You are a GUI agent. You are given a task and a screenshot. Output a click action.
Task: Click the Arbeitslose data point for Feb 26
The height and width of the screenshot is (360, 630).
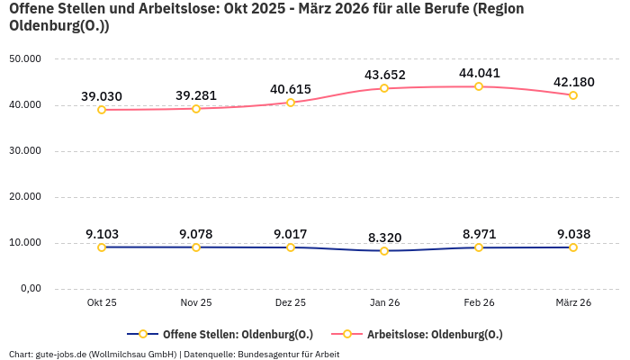tap(479, 86)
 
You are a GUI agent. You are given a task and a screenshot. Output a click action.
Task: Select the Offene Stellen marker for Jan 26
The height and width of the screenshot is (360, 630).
tap(384, 251)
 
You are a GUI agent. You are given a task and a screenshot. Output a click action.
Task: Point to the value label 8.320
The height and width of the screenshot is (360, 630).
tap(384, 238)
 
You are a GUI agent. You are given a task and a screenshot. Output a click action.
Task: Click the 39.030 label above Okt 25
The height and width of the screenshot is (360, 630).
tap(102, 96)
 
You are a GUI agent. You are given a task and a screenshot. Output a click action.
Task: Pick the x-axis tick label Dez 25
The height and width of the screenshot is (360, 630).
tap(290, 303)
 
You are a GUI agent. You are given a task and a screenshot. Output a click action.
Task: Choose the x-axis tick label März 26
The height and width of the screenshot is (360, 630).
tap(572, 303)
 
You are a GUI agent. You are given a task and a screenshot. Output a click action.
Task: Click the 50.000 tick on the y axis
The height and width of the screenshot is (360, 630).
tap(25, 58)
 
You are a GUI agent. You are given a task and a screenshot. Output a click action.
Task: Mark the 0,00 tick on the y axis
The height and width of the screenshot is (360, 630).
tap(30, 288)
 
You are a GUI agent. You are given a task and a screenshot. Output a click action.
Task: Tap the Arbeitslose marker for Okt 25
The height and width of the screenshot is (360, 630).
tap(102, 110)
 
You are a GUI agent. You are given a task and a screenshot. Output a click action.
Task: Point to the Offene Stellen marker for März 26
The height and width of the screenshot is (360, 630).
tap(572, 247)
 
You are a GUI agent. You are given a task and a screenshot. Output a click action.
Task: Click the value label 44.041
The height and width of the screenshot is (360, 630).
tap(479, 73)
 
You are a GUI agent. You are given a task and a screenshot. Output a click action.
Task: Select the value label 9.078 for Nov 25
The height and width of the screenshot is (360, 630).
tap(196, 234)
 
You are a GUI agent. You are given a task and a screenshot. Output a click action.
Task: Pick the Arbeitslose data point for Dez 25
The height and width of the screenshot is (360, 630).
tap(290, 103)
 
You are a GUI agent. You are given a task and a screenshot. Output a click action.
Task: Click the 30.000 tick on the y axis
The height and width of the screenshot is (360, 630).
tap(25, 150)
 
